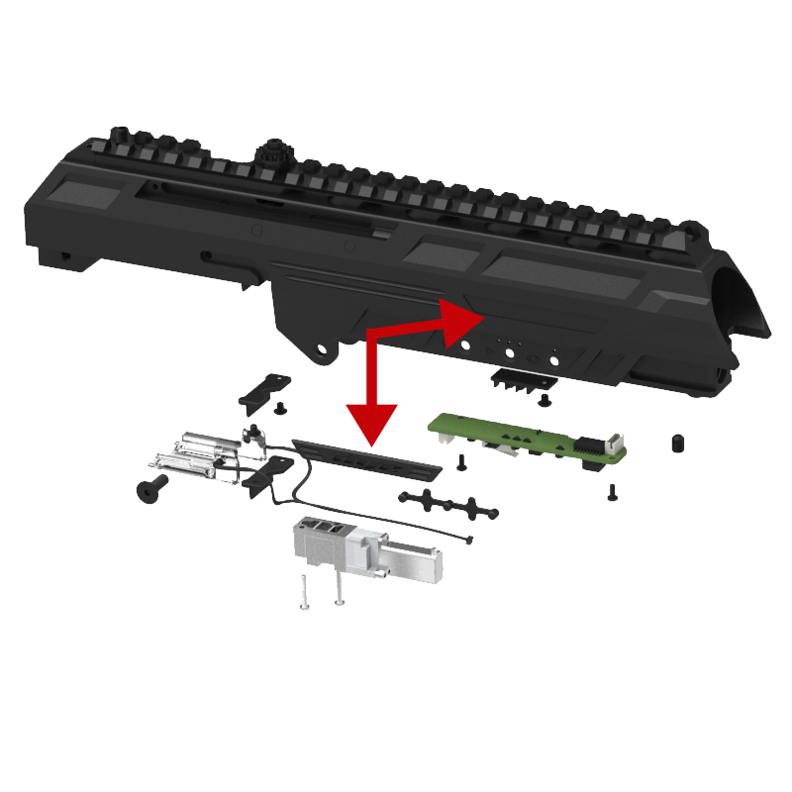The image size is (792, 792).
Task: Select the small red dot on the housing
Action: pyautogui.click(x=465, y=345)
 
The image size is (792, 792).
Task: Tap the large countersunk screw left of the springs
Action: pyautogui.click(x=150, y=488)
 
